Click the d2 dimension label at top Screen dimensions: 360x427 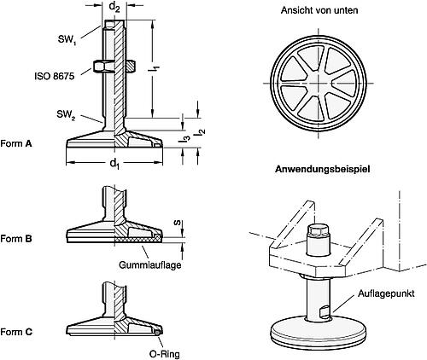(x=114, y=9)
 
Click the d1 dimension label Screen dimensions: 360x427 (x=115, y=163)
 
